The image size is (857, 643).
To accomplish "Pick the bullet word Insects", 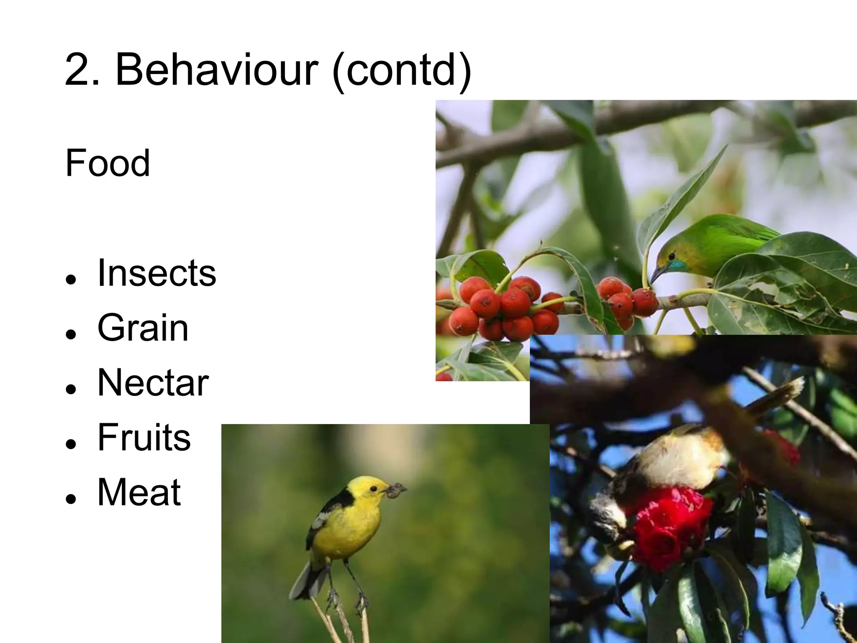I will point(157,273).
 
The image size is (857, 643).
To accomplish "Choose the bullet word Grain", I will point(143,328).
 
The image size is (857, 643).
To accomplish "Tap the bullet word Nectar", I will point(153,383).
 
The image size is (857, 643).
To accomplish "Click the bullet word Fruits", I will point(144,437).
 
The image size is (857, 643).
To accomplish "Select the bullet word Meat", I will point(139,492).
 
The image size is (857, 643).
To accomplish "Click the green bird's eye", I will point(672,255).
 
